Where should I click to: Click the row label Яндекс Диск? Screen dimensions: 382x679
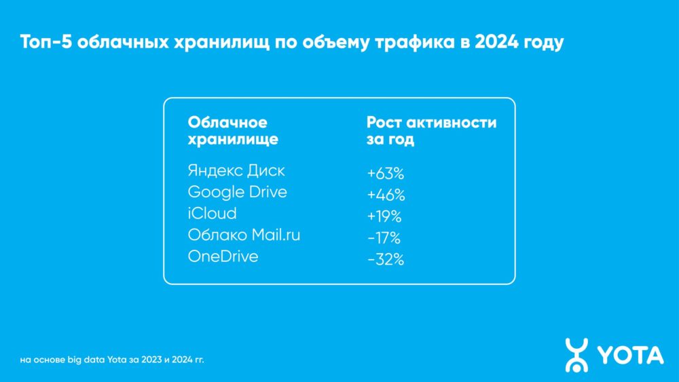click(236, 170)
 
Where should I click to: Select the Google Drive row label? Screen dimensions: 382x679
click(237, 192)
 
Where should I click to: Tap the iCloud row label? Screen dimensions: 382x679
click(212, 214)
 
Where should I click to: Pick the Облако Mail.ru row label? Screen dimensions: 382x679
click(244, 235)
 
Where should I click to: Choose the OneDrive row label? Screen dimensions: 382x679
click(223, 257)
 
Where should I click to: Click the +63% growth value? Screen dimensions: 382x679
click(386, 174)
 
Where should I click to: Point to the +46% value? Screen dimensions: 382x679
click(386, 195)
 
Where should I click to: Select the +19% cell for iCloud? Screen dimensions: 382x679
click(384, 217)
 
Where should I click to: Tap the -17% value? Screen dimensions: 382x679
click(384, 239)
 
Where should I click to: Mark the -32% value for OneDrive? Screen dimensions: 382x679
click(385, 261)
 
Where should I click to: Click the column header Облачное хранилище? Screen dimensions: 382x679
click(232, 131)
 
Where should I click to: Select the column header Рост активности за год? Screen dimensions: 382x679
click(431, 131)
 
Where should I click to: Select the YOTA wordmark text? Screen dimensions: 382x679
click(631, 355)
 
